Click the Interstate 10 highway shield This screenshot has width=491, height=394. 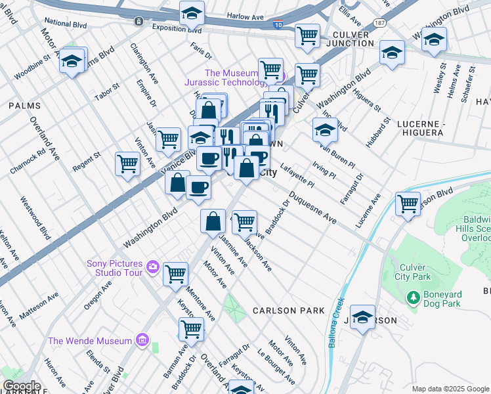(278, 25)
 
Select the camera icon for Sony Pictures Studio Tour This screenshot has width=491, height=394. (153, 267)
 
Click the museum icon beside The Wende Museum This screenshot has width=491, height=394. (140, 340)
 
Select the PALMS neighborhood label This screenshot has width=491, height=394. (24, 105)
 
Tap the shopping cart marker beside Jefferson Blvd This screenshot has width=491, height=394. (408, 204)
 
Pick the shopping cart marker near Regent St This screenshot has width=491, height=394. (127, 164)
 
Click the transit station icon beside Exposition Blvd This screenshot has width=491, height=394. (139, 21)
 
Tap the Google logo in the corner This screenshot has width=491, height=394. (21, 386)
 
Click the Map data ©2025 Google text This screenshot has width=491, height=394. (450, 389)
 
